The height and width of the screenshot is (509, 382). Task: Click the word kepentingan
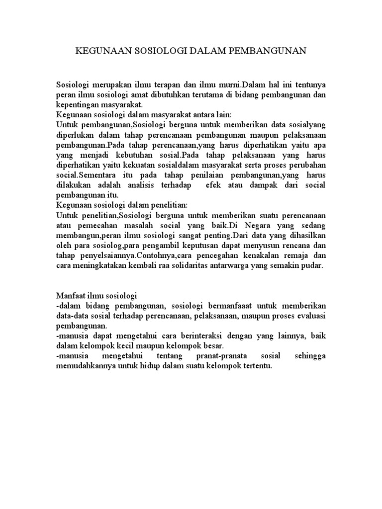pyautogui.click(x=79, y=104)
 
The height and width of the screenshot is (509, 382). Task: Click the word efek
pyautogui.click(x=226, y=185)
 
